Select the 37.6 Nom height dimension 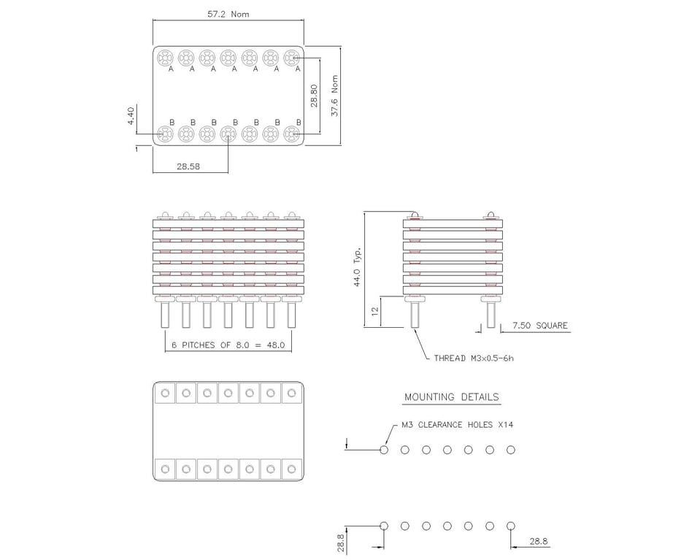(335, 96)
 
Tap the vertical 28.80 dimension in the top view (314, 96)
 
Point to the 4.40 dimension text (131, 116)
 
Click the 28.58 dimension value (188, 166)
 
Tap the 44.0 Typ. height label (358, 267)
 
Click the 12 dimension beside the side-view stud (375, 311)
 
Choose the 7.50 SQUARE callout (539, 326)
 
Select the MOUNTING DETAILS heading (452, 397)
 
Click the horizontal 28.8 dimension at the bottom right (539, 542)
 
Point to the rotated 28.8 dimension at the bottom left (341, 542)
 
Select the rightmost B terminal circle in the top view (292, 134)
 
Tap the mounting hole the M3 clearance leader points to (384, 450)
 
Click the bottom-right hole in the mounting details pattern (510, 526)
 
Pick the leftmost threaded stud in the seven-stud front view (165, 315)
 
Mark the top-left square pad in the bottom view (165, 394)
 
